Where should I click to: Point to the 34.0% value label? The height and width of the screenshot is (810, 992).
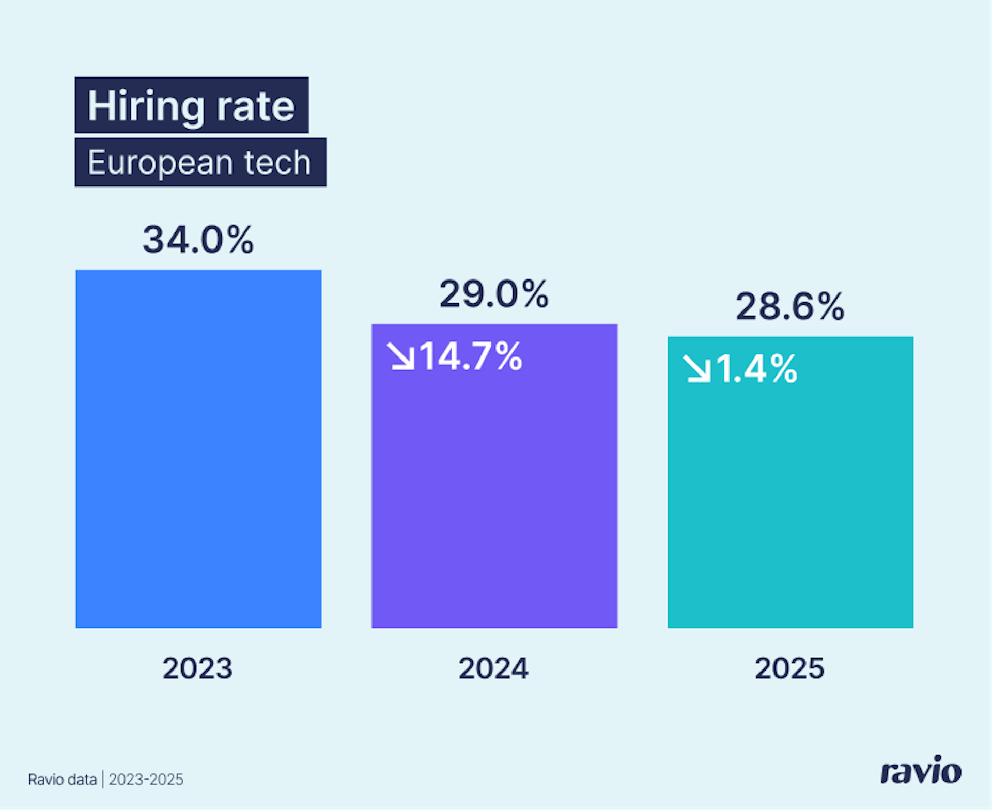click(198, 240)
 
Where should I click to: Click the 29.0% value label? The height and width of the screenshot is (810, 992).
click(494, 294)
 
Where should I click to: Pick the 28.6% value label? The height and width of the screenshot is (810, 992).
click(790, 306)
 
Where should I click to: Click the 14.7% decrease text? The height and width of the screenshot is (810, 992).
click(471, 356)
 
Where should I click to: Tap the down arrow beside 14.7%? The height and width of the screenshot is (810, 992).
click(401, 356)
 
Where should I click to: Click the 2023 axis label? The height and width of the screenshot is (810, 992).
click(198, 668)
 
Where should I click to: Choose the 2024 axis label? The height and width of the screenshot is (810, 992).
click(493, 668)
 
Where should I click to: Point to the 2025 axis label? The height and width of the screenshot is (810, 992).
click(789, 668)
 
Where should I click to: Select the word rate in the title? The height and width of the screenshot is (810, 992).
click(256, 106)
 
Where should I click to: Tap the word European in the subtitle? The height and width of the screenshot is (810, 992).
click(160, 163)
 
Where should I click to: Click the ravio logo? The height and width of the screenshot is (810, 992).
click(921, 770)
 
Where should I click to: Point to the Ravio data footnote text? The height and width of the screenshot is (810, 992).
click(63, 780)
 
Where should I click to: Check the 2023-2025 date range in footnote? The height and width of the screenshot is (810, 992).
click(146, 780)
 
